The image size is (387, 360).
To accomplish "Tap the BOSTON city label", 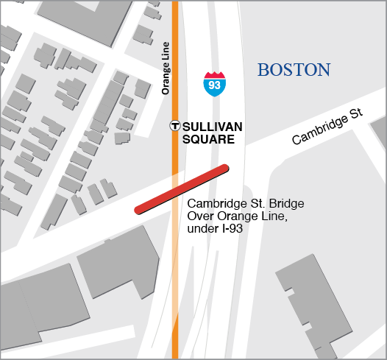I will point(294,70).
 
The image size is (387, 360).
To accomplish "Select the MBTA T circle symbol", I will point(175,126).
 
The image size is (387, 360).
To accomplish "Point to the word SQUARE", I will point(208,138).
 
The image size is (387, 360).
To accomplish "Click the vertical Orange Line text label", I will point(166,67).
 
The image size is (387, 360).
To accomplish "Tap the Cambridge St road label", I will point(327,127).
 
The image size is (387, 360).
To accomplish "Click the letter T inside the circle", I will point(175,126).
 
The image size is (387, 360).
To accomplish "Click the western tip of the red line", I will point(138,210).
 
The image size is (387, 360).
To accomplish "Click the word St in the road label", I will point(358,115).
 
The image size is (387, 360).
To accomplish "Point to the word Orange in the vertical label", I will point(166,79).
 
